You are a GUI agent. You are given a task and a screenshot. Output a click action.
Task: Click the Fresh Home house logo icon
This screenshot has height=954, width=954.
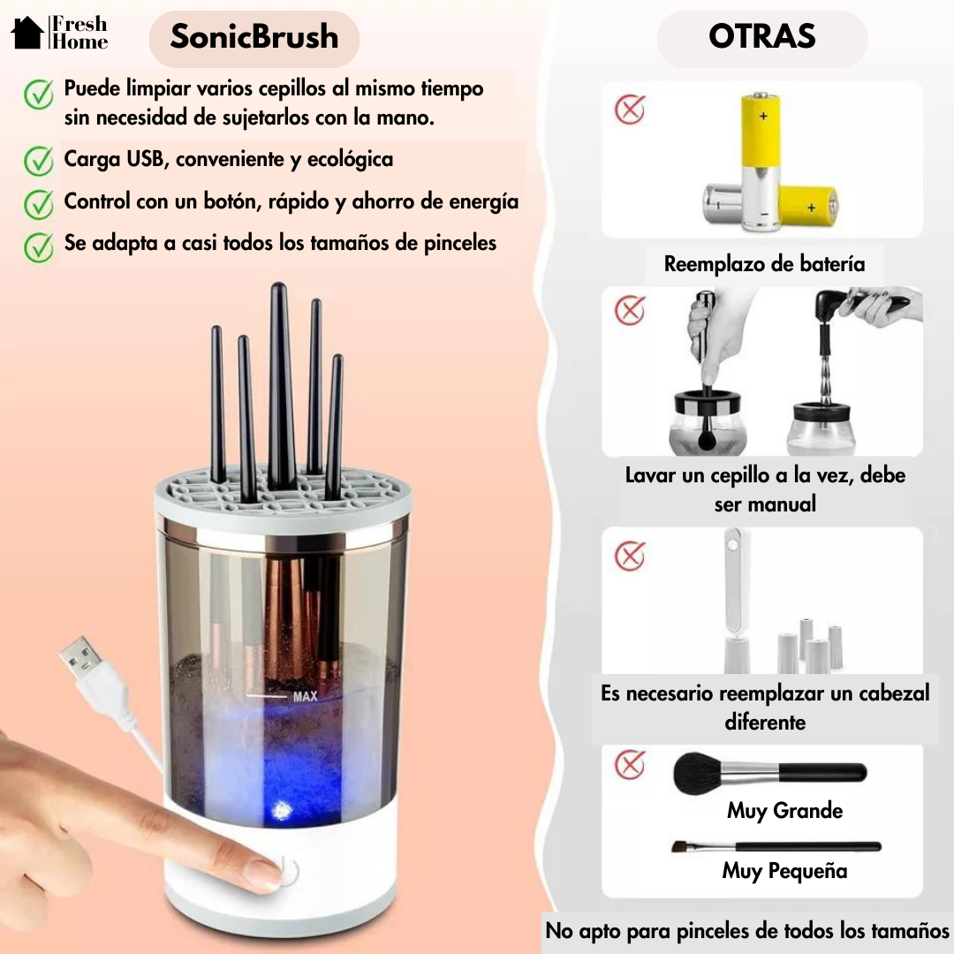27,33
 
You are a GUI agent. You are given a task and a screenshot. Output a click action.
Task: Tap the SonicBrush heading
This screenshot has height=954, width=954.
254,37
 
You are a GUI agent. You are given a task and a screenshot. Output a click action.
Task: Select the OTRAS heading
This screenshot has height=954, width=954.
761,37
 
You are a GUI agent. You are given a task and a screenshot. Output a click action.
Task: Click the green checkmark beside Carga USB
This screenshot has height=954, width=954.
38,161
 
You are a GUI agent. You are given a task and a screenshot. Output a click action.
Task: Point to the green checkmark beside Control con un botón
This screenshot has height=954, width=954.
38,203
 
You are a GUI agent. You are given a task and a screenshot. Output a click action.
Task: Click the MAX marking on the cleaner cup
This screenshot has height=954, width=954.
306,697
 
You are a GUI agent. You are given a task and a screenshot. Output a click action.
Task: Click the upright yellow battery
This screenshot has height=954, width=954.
761,163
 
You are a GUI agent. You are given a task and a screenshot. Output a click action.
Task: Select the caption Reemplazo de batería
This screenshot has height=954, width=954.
764,264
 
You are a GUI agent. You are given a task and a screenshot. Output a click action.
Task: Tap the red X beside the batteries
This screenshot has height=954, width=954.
630,110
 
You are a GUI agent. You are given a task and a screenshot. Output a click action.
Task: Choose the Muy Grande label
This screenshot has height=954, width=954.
784,811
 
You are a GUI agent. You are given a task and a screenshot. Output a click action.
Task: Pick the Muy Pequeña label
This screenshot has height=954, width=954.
784,871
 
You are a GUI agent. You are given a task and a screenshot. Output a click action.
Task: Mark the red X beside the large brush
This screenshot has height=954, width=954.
630,764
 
